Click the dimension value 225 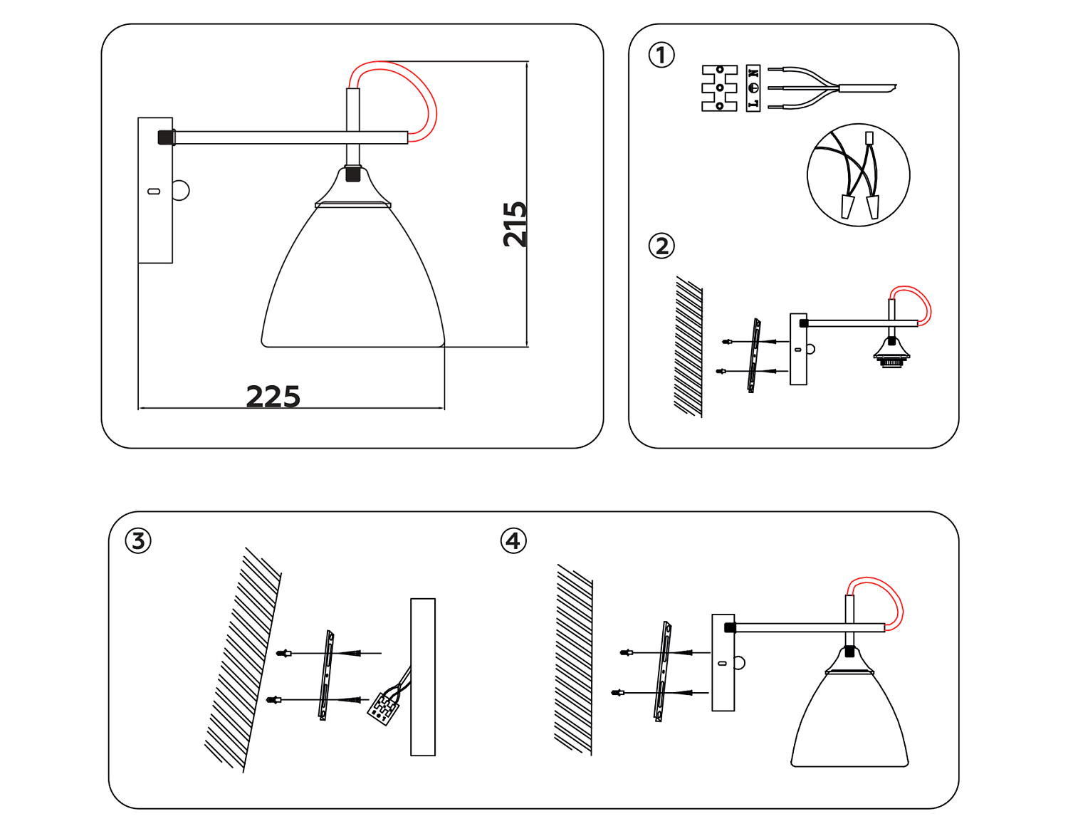pos(273,396)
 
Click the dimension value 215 pos(515,224)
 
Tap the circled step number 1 pos(661,55)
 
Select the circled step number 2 pos(661,246)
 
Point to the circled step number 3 pos(138,540)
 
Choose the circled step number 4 pos(513,540)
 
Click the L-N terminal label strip pos(753,88)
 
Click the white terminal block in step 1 pos(719,88)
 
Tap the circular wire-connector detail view pos(858,175)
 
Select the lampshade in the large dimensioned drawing pos(353,285)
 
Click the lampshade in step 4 pos(849,719)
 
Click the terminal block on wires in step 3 pos(383,709)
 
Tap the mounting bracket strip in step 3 pos(327,675)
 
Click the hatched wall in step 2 pos(689,347)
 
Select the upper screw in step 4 pos(627,652)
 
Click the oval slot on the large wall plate pos(153,191)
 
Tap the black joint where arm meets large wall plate pos(166,137)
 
